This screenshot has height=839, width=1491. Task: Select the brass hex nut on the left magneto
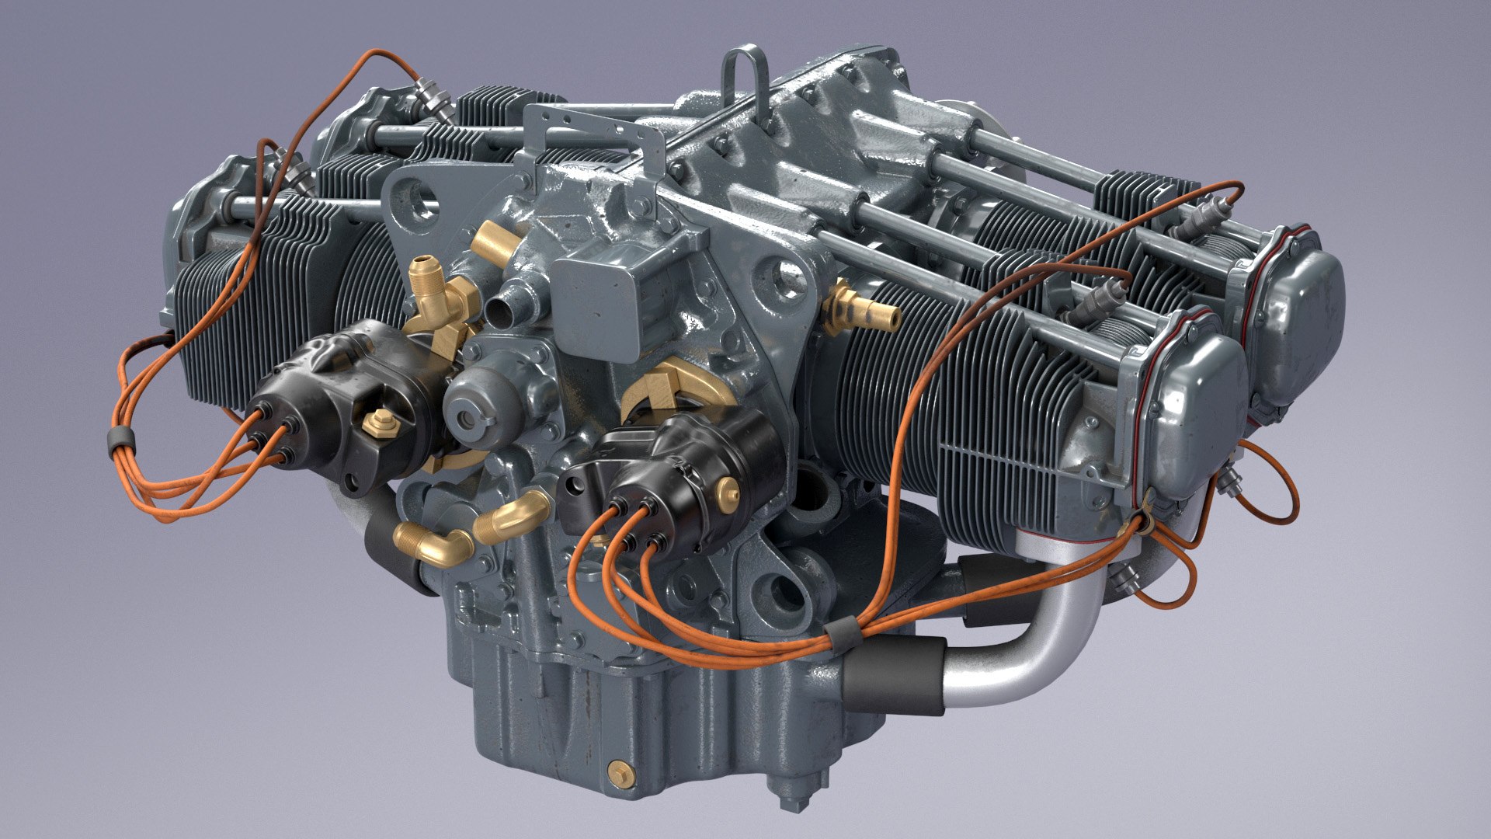coord(380,422)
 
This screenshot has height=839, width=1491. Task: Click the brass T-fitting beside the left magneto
coord(439,303)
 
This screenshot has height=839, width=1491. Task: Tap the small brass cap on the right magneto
coord(728,489)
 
